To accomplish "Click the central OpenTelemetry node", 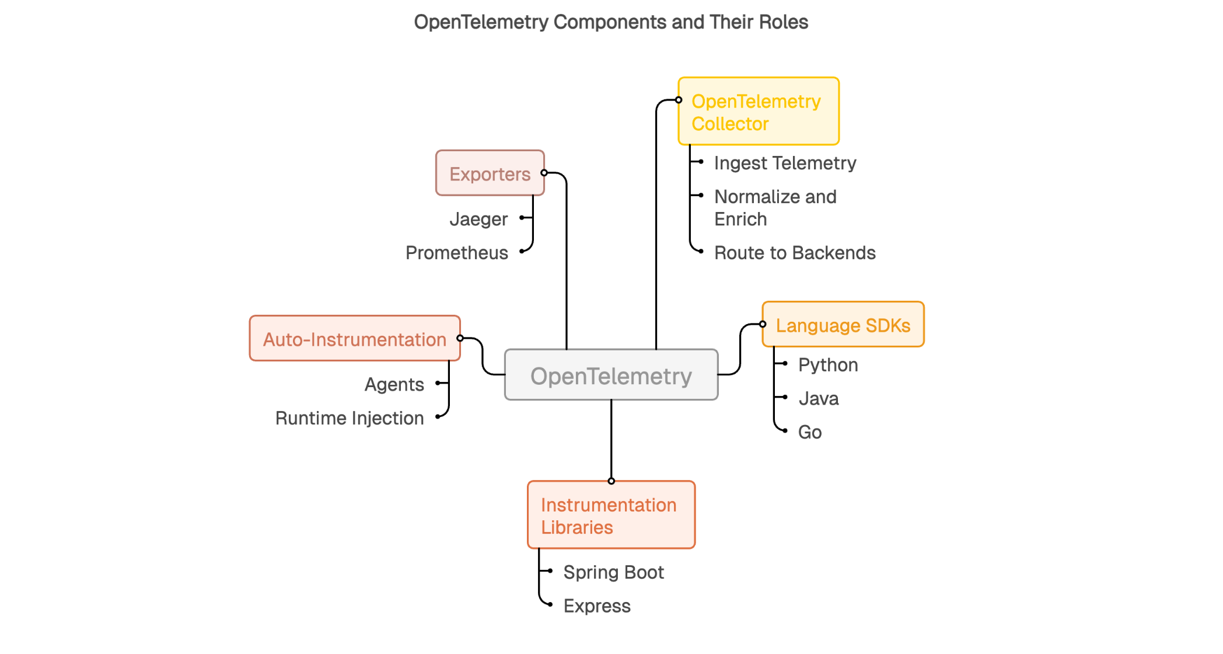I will pos(611,375).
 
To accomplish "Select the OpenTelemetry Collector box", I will pos(758,112).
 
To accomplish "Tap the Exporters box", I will pos(490,173).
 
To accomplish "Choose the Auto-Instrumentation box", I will pos(354,339).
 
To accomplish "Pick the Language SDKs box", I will pos(843,325).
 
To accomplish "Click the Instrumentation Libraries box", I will pos(611,515).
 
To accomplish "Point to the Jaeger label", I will pos(478,219).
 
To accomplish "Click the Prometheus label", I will pos(457,253).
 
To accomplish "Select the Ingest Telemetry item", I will pos(785,163).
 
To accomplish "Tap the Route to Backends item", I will pos(795,253).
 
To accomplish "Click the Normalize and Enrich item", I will pos(775,208).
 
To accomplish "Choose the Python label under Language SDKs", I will pos(828,365).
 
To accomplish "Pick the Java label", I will pos(819,399).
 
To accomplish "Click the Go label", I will pos(810,432).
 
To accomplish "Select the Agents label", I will pos(394,384).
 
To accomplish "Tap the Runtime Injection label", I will pos(350,418).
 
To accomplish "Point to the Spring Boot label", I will pos(613,572).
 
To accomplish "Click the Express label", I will pos(597,606).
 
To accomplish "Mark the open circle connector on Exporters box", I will pos(544,173).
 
